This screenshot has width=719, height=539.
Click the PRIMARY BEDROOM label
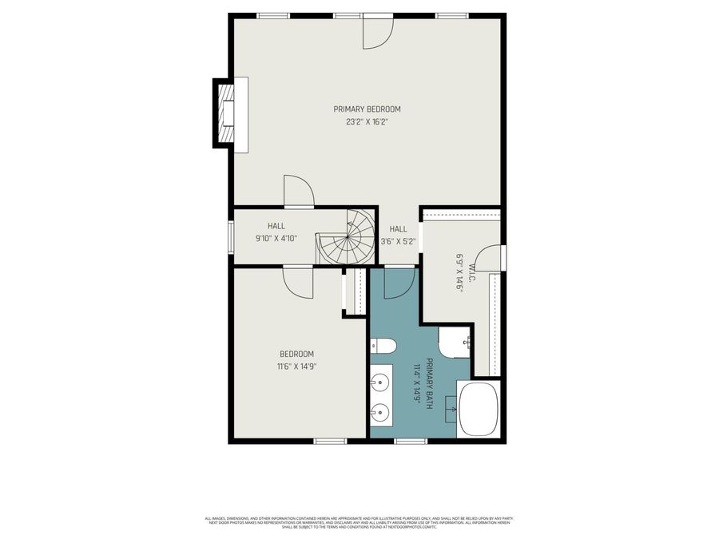(367, 109)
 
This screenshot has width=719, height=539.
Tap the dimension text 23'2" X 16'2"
(367, 122)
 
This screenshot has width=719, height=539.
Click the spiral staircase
(348, 237)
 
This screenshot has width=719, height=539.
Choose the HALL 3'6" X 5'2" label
(398, 235)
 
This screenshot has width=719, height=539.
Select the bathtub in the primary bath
(478, 408)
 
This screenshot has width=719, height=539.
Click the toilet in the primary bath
(383, 346)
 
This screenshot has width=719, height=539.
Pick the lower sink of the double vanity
(380, 414)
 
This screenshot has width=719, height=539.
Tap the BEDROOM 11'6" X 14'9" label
(296, 360)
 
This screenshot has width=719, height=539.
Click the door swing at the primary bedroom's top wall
(377, 32)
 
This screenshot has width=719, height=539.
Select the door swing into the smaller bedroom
(298, 282)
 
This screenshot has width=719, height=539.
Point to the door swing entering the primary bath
(399, 283)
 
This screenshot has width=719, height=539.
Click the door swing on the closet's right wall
(492, 259)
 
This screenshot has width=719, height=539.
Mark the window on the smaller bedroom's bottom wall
(329, 441)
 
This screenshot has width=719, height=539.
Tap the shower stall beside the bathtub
(455, 342)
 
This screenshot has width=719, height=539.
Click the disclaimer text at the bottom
(359, 522)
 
